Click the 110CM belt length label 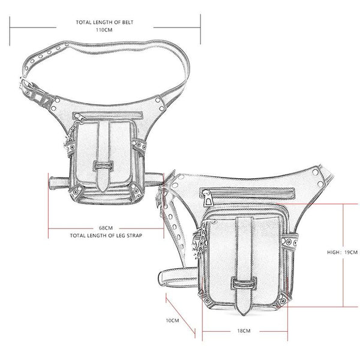coord(104,30)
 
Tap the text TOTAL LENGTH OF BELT coord(104,22)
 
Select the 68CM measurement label coord(106,228)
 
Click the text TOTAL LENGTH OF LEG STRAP coord(106,236)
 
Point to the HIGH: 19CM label coord(343,252)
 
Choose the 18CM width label coord(244,331)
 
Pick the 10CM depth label coord(172,320)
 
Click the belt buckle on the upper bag coord(29,88)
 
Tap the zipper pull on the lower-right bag coord(208,198)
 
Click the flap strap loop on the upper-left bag coord(103,166)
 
